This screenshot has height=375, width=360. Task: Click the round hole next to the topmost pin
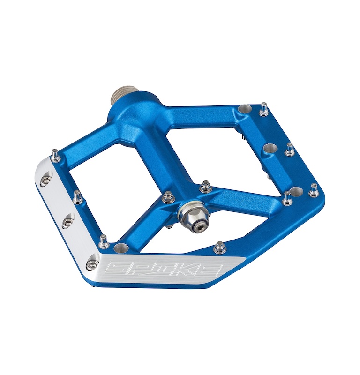click(244, 110)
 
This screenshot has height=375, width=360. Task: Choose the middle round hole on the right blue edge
click(269, 149)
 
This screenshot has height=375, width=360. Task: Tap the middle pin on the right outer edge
click(290, 150)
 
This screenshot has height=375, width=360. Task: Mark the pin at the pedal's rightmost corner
click(313, 190)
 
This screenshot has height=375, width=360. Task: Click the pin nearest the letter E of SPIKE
click(219, 247)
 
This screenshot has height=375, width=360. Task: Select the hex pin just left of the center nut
click(167, 198)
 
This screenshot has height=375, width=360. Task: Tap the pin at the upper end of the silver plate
click(55, 154)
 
